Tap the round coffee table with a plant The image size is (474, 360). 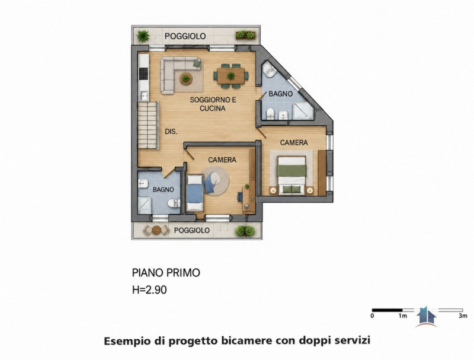click(x=186, y=79)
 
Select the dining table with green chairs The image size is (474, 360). click(x=231, y=76)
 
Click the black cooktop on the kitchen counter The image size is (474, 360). click(x=143, y=74)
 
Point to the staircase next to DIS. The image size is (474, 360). click(x=149, y=125)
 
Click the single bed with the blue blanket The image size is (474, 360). click(x=195, y=193)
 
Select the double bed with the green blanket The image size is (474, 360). click(x=292, y=176)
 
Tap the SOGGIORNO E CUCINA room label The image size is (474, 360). click(x=213, y=104)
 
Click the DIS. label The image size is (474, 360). click(x=171, y=132)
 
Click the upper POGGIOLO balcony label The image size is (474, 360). click(x=185, y=36)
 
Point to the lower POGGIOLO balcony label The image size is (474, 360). click(x=191, y=230)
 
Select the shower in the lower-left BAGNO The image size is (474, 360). click(x=145, y=205)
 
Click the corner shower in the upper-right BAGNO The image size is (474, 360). click(x=303, y=110)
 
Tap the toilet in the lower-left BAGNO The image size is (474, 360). click(x=174, y=203)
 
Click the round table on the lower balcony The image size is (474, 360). click(x=156, y=230)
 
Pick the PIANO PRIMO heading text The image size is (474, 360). click(x=166, y=273)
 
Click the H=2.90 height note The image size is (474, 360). click(x=149, y=290)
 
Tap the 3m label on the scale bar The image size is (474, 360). click(x=463, y=316)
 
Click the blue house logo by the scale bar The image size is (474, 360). click(x=426, y=317)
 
